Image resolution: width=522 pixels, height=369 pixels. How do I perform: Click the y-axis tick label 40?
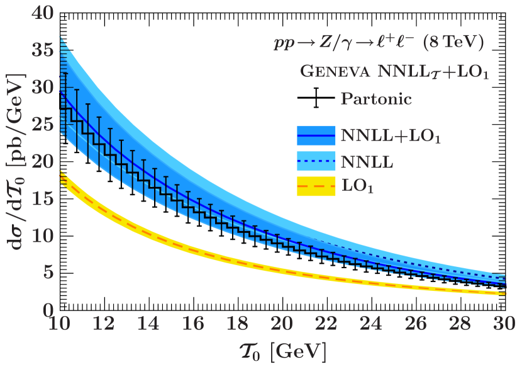pyautogui.click(x=42, y=13)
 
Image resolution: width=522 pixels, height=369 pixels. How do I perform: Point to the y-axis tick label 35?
pyautogui.click(x=42, y=50)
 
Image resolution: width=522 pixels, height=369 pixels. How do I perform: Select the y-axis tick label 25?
pyautogui.click(x=42, y=125)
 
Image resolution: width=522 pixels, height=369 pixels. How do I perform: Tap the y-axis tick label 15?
pyautogui.click(x=42, y=199)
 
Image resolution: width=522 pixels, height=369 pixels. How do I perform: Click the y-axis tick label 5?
pyautogui.click(x=48, y=273)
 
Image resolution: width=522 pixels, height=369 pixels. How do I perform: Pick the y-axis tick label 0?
pyautogui.click(x=48, y=310)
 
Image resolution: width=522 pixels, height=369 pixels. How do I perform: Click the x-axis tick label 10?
pyautogui.click(x=59, y=324)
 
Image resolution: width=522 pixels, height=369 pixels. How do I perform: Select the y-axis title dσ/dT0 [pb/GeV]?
pyautogui.click(x=18, y=161)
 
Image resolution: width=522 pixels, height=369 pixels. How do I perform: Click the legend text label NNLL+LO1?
pyautogui.click(x=390, y=137)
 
